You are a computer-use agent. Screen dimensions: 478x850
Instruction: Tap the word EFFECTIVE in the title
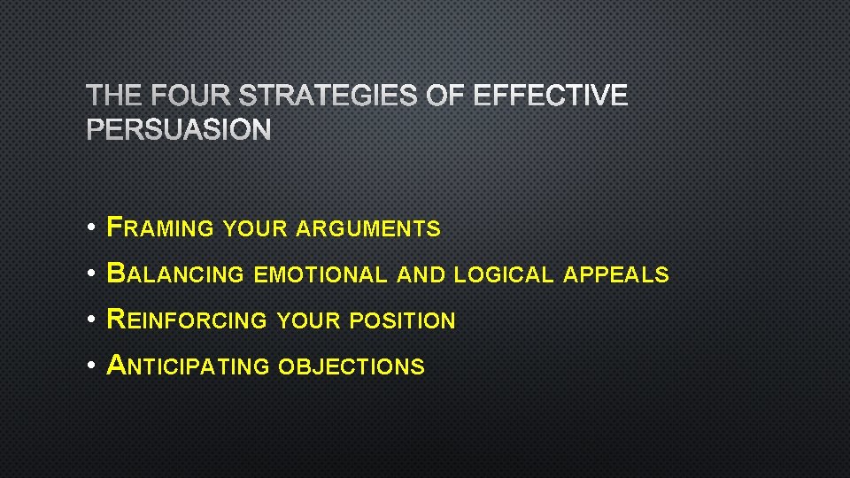coord(551,96)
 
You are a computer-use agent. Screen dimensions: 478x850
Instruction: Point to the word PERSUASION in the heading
coord(179,131)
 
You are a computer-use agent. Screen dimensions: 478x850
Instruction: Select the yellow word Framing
coord(160,228)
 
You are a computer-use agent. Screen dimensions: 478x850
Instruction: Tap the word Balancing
coord(174,274)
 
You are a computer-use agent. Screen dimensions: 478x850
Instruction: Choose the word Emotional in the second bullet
coord(321,275)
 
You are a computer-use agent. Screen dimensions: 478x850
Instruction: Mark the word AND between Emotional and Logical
coord(421,275)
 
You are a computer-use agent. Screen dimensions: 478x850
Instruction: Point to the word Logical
coord(503,275)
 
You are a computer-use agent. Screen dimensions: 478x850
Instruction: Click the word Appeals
coord(616,275)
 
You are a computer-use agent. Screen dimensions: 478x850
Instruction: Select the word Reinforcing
coord(186,320)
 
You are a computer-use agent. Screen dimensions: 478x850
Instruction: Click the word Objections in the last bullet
coord(352,366)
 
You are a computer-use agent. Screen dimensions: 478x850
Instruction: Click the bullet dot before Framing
coord(92,229)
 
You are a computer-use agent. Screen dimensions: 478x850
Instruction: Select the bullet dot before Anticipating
coord(92,366)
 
